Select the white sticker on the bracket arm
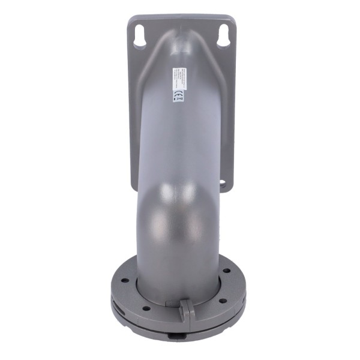(x=178, y=85)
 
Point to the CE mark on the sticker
(x=178, y=95)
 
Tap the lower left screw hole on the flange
(x=146, y=308)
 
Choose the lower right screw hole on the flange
(x=221, y=300)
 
